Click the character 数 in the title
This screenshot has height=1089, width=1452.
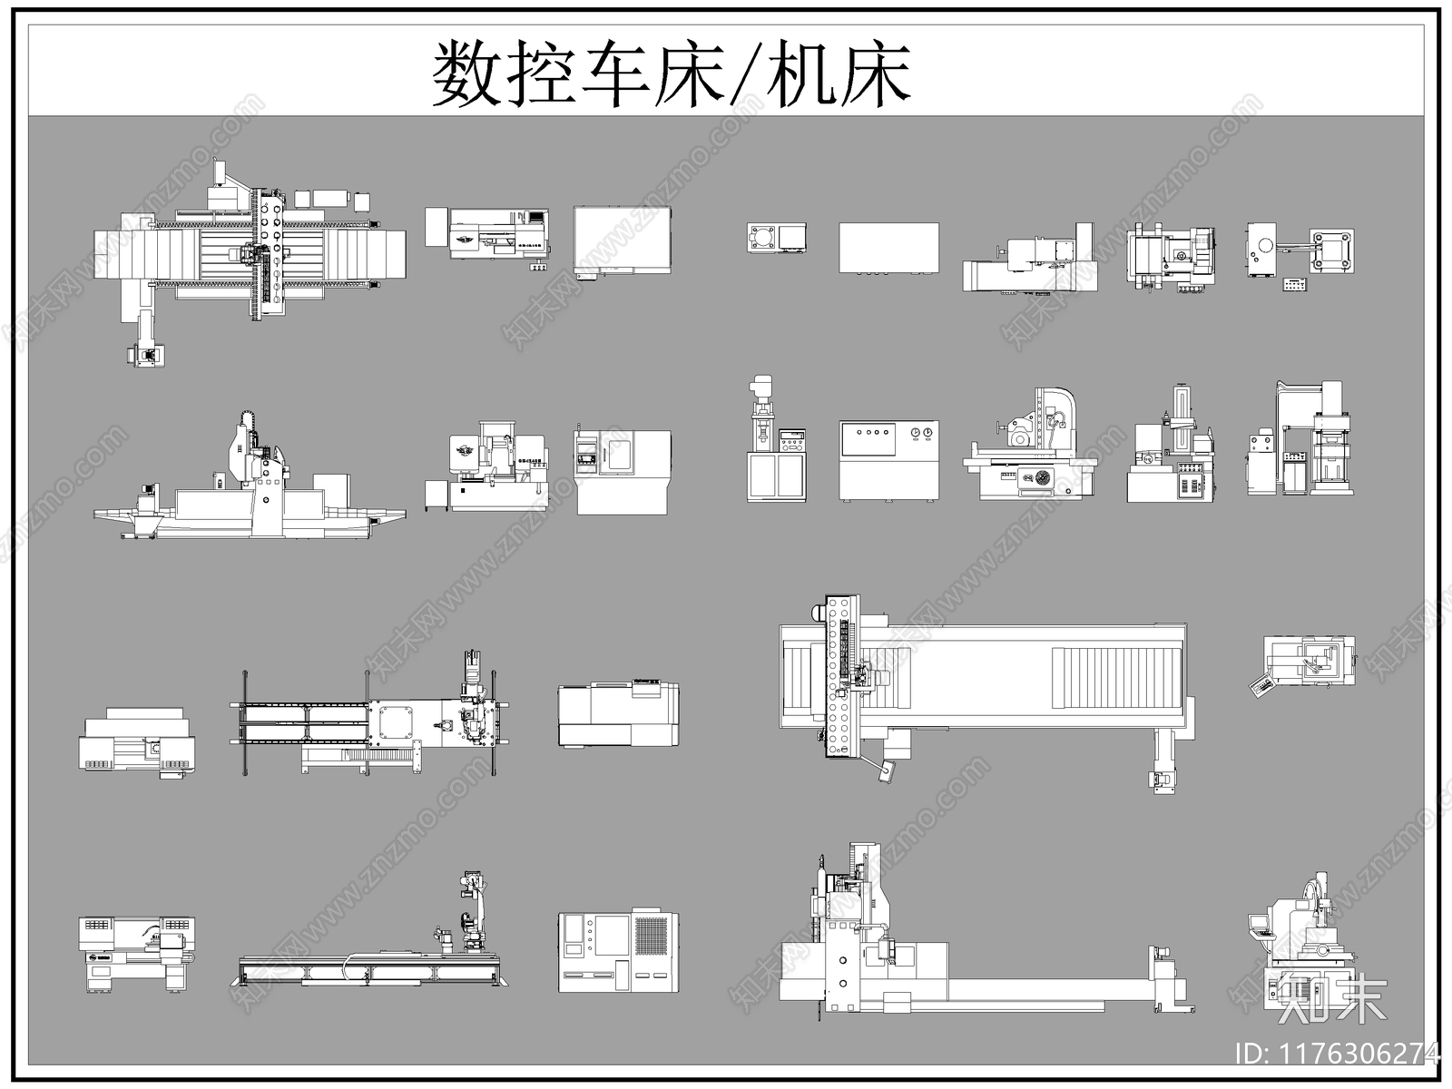466,74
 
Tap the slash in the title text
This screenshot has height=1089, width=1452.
746,74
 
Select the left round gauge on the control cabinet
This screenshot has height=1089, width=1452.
916,433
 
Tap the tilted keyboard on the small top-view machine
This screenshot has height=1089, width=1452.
1261,687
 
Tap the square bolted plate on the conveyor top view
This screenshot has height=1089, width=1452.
396,723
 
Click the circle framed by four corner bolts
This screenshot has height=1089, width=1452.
1331,249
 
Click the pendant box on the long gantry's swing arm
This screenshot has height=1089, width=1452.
886,770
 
